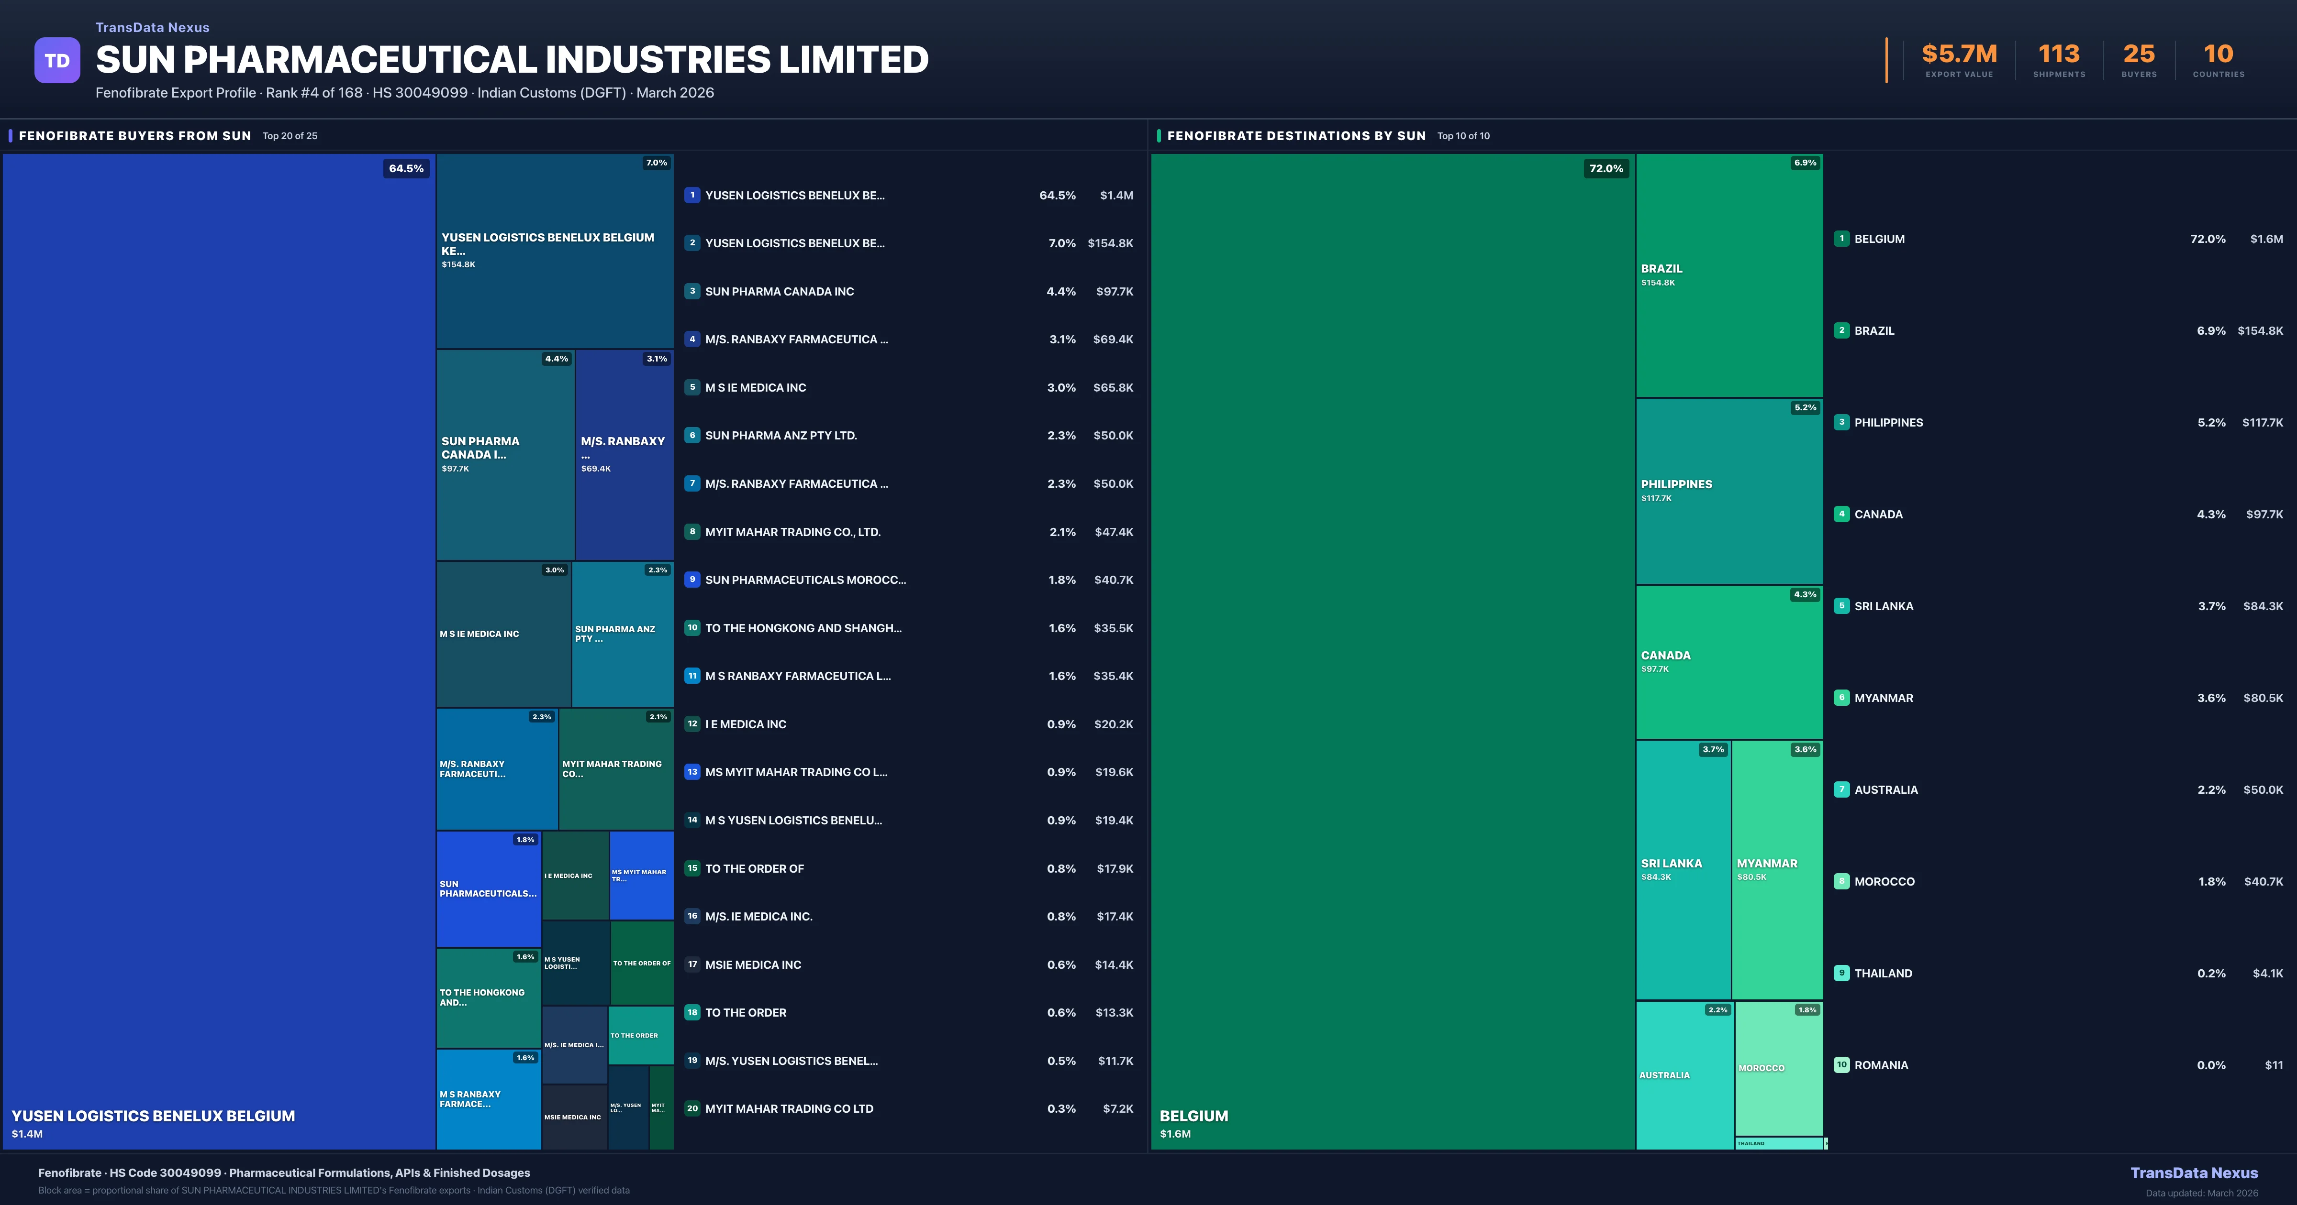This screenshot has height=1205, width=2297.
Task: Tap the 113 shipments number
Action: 2058,55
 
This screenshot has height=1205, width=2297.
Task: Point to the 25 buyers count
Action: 2138,55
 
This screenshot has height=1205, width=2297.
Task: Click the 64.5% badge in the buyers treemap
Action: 406,168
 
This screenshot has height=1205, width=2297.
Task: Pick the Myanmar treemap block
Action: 1776,869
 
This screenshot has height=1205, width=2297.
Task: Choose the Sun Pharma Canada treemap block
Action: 505,454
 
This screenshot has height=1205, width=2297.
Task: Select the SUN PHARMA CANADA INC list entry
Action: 780,291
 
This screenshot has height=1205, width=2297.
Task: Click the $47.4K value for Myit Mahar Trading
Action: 1114,532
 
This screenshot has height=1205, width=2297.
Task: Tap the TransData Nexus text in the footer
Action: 2194,1173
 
